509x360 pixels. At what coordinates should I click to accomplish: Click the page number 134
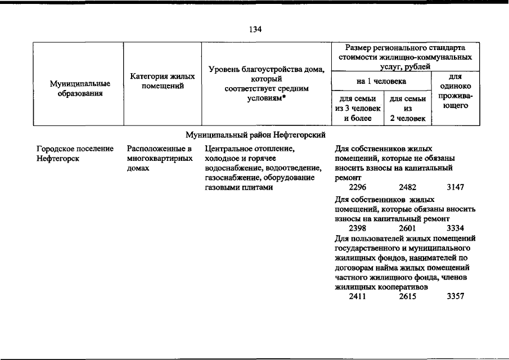pyautogui.click(x=254, y=29)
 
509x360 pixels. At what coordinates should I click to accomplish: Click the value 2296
pyautogui.click(x=358, y=187)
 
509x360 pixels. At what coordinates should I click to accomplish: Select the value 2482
pyautogui.click(x=407, y=187)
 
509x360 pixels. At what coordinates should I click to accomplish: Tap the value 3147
pyautogui.click(x=455, y=187)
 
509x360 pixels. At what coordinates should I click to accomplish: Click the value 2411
pyautogui.click(x=358, y=296)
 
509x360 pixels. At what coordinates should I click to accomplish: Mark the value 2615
pyautogui.click(x=407, y=296)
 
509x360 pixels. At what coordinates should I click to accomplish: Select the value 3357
pyautogui.click(x=455, y=296)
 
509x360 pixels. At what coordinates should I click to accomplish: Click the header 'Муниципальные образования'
pyautogui.click(x=80, y=88)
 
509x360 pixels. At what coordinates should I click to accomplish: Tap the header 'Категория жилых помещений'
pyautogui.click(x=163, y=80)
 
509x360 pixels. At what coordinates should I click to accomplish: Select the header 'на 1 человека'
pyautogui.click(x=381, y=82)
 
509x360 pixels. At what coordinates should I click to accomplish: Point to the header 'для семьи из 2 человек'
pyautogui.click(x=408, y=109)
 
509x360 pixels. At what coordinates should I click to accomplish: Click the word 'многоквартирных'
pyautogui.click(x=157, y=159)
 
